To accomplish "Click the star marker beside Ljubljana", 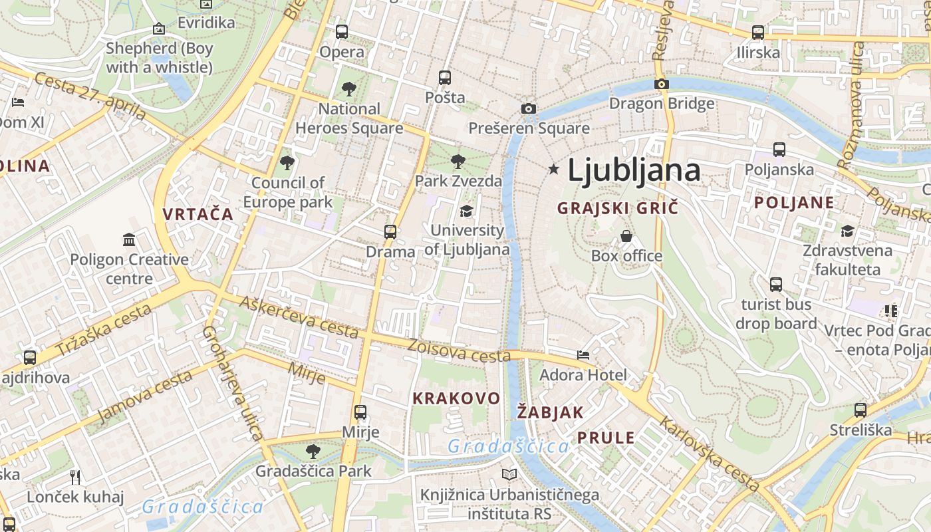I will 553,170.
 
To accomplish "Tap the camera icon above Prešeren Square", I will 529,108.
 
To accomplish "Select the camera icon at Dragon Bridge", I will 661,84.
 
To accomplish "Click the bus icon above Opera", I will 342,31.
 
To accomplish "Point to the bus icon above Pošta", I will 445,78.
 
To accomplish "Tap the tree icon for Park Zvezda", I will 458,161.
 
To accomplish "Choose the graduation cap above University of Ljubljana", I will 466,211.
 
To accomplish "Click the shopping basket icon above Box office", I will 626,236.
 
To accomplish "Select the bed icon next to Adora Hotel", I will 583,355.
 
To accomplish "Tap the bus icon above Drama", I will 390,232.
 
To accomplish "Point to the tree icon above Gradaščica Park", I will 313,452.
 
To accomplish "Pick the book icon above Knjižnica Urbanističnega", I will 509,475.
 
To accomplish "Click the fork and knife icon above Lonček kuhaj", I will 75,477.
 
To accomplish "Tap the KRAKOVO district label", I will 456,398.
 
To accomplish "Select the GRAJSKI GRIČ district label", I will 618,208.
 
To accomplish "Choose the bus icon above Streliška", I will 861,410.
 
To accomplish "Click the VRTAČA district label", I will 198,214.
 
